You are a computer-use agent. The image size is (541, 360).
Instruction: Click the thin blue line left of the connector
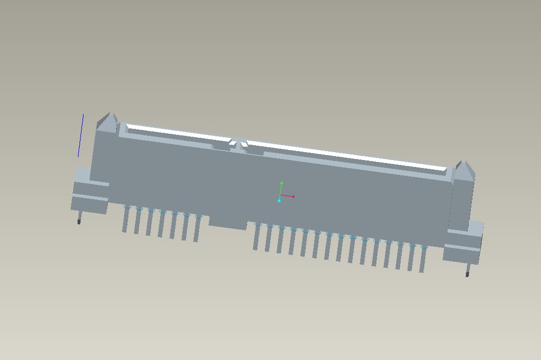81,136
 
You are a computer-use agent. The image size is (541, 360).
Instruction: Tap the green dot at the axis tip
282,183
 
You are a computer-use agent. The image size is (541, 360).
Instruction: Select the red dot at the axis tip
293,197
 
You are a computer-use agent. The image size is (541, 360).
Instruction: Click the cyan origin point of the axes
279,200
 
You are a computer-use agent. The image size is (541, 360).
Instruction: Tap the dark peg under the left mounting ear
79,221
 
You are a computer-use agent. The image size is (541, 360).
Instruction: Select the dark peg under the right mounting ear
467,274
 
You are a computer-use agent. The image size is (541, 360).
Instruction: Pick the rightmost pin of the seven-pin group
197,230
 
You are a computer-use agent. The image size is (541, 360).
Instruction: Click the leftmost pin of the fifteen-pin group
256,237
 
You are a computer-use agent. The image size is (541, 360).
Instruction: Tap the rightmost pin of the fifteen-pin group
423,260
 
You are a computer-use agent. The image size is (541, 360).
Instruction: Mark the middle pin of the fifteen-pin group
340,248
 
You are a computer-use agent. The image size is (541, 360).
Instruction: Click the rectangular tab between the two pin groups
227,223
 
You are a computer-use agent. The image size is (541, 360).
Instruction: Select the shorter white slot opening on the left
178,133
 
